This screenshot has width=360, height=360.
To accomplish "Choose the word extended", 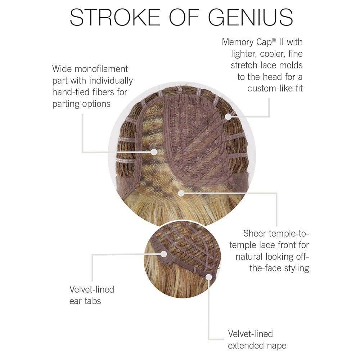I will [x=246, y=346].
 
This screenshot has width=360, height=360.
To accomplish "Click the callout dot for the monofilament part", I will [x=154, y=152].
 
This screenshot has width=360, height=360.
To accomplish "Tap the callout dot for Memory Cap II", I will [x=228, y=116].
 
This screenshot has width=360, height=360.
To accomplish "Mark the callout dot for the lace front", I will [x=181, y=193].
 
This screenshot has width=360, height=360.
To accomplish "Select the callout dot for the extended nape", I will [x=209, y=276].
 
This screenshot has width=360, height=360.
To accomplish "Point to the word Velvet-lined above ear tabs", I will [x=91, y=289].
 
